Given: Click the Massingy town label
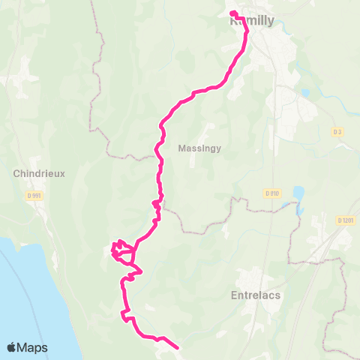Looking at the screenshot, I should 199,148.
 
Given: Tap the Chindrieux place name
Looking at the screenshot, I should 40,173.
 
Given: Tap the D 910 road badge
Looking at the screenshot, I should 271,193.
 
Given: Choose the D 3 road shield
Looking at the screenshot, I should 337,132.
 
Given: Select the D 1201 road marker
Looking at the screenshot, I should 345,220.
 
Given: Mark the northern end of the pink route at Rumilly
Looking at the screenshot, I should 232,13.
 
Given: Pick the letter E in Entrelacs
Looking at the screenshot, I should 232,296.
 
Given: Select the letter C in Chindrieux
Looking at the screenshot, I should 17,173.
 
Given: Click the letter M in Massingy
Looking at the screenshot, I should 182,148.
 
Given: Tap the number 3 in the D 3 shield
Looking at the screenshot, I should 340,132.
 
